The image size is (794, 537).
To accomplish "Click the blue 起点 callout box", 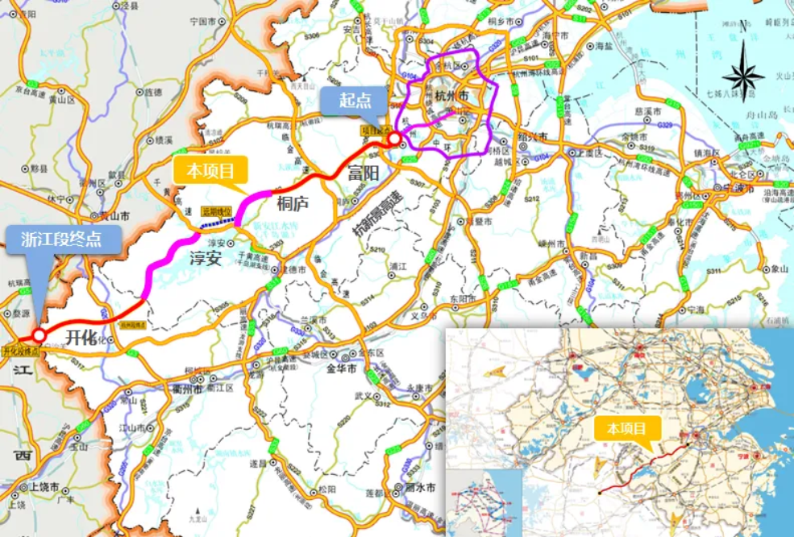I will click(x=355, y=101).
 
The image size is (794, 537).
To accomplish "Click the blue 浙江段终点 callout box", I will click(x=64, y=239).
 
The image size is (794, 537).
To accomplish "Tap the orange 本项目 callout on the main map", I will click(x=210, y=171).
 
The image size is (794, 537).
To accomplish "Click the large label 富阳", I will click(x=362, y=173).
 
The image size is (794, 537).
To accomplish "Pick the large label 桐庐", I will click(x=293, y=203).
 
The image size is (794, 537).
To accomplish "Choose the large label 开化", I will click(x=81, y=336).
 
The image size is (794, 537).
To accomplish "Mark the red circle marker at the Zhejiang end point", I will click(x=38, y=335).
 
